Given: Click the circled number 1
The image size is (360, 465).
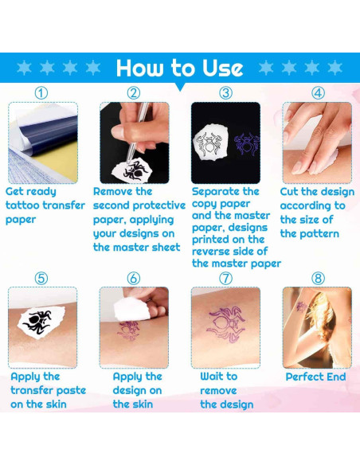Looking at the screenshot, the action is (x=41, y=93).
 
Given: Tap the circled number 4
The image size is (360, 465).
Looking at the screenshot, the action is (x=318, y=93).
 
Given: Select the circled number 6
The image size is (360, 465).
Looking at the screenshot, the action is (x=134, y=279).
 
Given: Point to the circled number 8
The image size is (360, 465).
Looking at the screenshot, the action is (x=318, y=279).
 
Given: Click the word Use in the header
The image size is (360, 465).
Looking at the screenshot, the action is (x=222, y=68).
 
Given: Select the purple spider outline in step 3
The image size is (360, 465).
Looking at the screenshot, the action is (x=246, y=144).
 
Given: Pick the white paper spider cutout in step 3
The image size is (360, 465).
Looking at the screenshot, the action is (x=210, y=143).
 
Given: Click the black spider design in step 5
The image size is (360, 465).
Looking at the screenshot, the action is (x=37, y=322).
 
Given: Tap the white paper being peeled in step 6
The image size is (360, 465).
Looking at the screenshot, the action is (x=131, y=308).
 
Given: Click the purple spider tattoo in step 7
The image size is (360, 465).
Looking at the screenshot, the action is (x=226, y=325).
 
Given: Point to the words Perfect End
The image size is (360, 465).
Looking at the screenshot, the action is (x=316, y=377).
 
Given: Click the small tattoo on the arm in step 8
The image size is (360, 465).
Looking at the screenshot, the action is (x=302, y=307).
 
